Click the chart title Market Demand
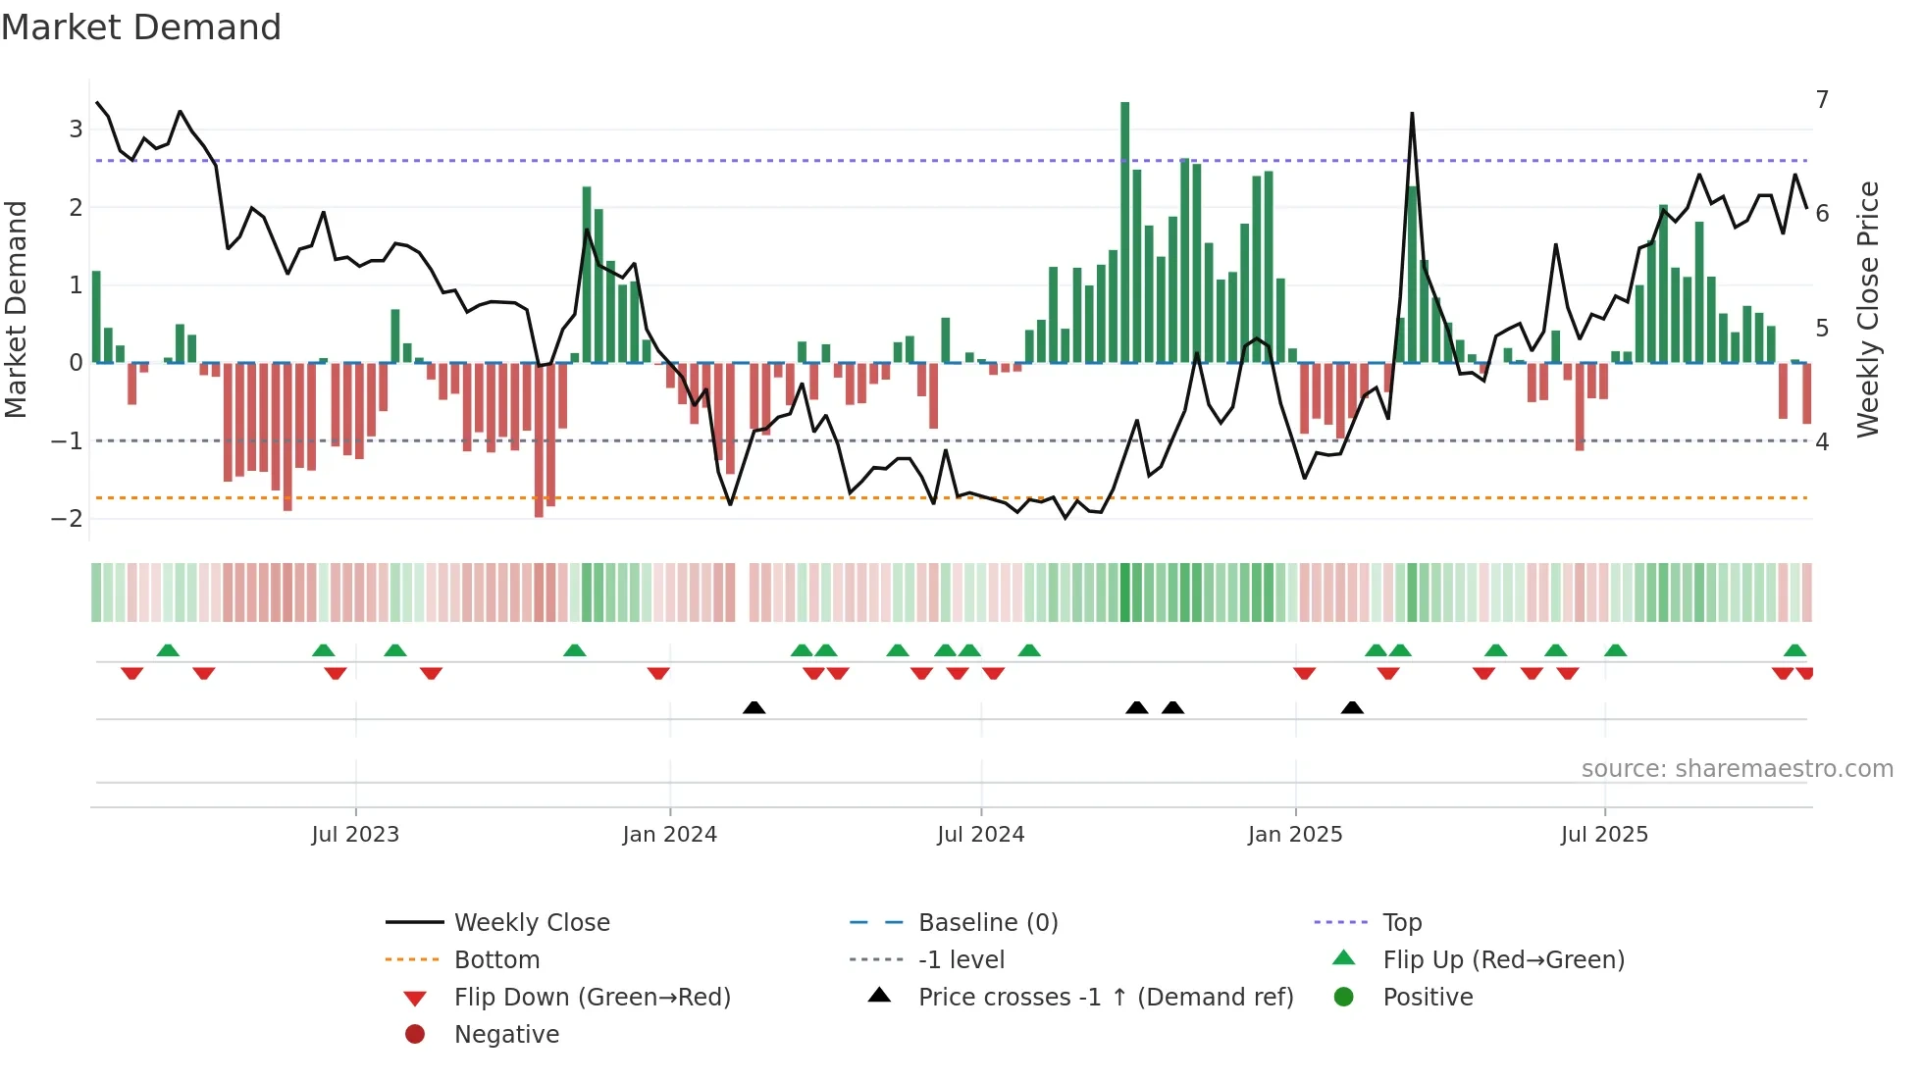point(141,27)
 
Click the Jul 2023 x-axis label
point(355,835)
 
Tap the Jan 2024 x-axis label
point(669,835)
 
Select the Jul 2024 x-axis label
point(980,835)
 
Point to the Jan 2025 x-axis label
point(1295,835)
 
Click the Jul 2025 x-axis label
point(1604,835)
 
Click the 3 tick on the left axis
point(76,129)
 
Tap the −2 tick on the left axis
point(68,518)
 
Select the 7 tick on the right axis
point(1822,100)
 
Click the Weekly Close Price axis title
point(1868,309)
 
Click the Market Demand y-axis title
point(17,309)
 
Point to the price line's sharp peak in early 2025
point(1412,115)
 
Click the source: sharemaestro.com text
point(1737,769)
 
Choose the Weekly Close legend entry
point(531,923)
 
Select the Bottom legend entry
point(496,960)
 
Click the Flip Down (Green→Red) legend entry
point(592,998)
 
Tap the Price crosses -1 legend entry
point(1105,998)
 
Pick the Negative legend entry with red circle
point(506,1035)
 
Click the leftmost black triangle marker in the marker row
point(754,708)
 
